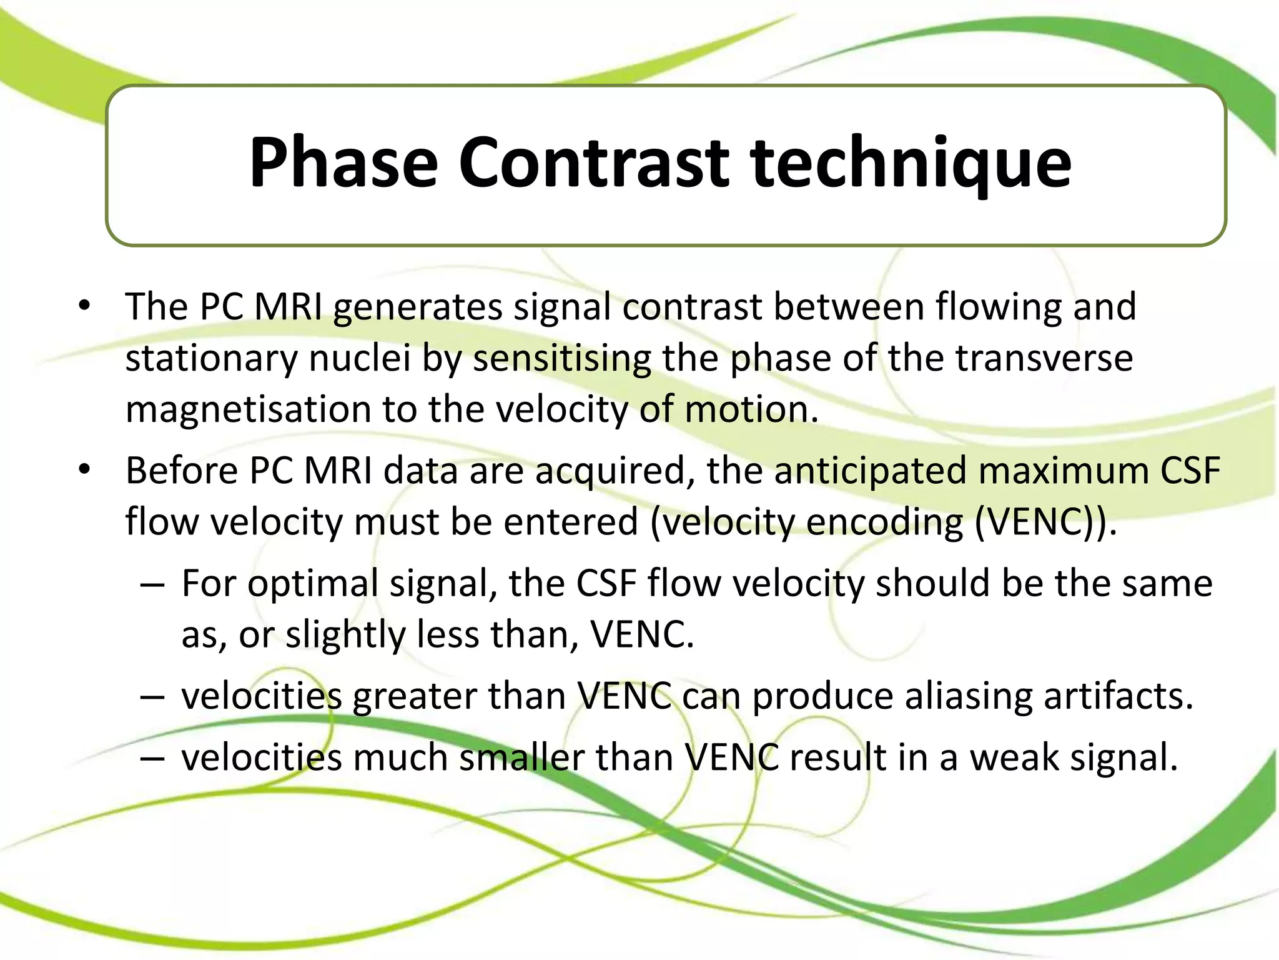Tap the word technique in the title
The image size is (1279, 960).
point(911,164)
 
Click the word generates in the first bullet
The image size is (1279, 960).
point(418,307)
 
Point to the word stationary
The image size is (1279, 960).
point(212,359)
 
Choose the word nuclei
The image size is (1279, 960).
point(360,359)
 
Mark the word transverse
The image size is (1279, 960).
point(1044,359)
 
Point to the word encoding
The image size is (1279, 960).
point(884,522)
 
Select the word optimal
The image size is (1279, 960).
point(313,584)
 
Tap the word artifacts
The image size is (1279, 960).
point(1119,696)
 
